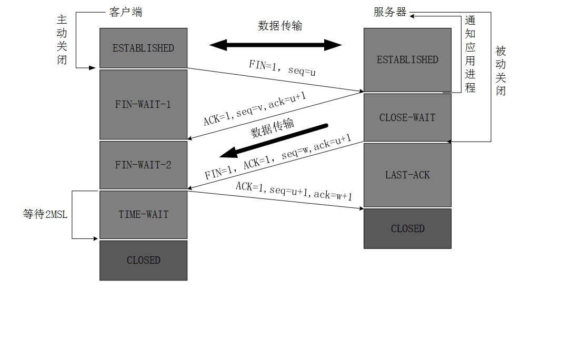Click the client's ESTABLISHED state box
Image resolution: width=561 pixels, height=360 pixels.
point(143,48)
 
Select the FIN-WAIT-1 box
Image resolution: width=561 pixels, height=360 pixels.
point(143,104)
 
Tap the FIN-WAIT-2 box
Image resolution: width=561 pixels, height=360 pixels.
point(143,165)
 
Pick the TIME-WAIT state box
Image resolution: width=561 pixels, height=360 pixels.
point(143,214)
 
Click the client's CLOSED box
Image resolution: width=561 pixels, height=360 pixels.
point(143,260)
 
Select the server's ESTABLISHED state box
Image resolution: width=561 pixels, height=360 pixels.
point(407,59)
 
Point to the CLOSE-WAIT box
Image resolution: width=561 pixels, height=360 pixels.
point(407,117)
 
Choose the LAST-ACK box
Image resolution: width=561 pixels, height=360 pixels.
point(407,175)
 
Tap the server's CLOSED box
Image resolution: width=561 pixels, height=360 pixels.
point(407,228)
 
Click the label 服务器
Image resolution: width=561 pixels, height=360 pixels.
point(390,12)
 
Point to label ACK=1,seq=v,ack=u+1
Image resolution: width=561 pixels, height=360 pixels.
point(255,109)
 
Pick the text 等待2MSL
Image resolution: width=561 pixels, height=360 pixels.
point(45,215)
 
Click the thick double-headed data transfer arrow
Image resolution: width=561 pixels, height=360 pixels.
point(275,45)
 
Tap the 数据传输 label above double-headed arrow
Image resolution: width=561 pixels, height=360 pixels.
point(280,26)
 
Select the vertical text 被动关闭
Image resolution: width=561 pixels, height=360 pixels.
point(500,71)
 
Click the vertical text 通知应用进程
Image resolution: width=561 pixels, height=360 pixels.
point(470,54)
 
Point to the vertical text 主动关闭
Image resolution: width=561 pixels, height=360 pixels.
point(62,39)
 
